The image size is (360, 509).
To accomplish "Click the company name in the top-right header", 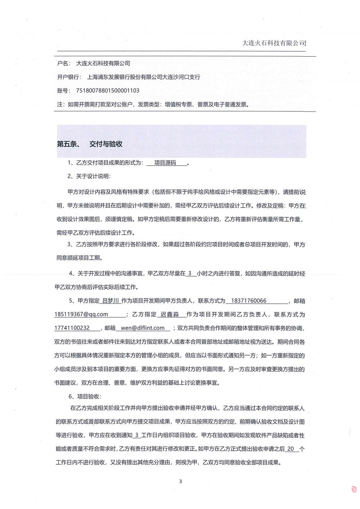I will [274, 43].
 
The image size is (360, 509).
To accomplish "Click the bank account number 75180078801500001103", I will [108, 91].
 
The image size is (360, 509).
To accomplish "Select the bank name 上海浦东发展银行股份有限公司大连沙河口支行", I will [144, 77].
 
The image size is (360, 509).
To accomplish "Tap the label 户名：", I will [63, 63].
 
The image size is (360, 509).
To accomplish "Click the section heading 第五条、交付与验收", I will [90, 144].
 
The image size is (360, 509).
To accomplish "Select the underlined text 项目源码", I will [165, 163].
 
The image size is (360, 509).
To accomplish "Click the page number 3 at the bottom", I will [180, 482].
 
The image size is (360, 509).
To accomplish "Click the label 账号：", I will [63, 91].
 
